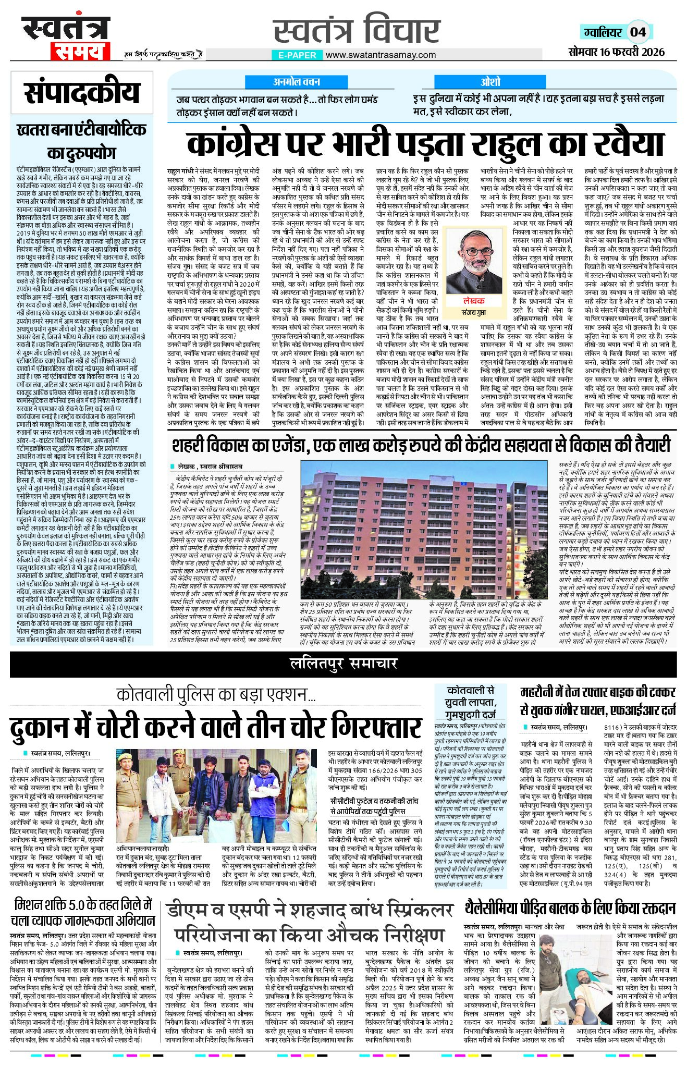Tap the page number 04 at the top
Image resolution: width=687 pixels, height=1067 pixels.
point(638,32)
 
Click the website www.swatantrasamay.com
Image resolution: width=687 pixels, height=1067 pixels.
point(381,55)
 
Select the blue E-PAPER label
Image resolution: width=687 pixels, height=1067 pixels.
point(297,55)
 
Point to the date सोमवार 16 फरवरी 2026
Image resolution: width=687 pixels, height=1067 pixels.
point(617,52)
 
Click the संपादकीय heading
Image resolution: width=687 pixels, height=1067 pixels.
point(82,93)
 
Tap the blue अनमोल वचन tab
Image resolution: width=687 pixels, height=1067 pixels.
point(297,82)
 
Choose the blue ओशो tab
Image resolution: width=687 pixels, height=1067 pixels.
point(490,82)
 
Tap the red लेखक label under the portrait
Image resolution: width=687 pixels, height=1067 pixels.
point(473,301)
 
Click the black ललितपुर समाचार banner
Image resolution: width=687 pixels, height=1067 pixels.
point(343,663)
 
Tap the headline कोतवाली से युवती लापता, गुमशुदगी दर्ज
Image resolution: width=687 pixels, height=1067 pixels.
point(470,702)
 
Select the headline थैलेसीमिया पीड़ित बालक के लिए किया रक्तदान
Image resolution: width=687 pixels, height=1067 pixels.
point(570,921)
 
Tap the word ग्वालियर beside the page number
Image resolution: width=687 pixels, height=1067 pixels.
point(603,32)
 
